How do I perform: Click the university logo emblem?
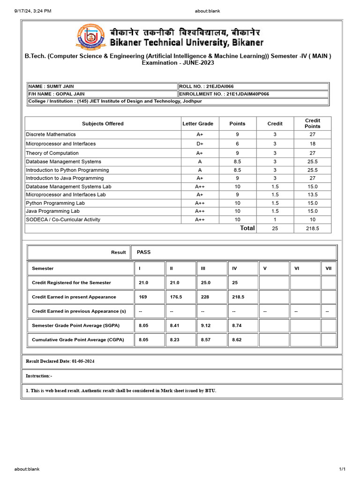[x=90, y=37]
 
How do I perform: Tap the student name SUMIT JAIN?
[x=51, y=86]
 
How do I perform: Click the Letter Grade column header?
[x=197, y=124]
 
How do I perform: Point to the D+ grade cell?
[x=200, y=144]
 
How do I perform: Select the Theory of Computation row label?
[x=52, y=153]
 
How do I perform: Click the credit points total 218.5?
[x=312, y=228]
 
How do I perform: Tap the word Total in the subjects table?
[x=247, y=228]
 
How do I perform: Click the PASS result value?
[x=143, y=252]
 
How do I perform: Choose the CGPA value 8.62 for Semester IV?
[x=237, y=340]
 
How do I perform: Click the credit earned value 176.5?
[x=176, y=297]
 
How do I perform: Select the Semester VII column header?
[x=329, y=269]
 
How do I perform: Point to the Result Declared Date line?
[x=60, y=361]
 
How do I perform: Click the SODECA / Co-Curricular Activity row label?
[x=63, y=219]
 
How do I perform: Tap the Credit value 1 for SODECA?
[x=275, y=219]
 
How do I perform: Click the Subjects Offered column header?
[x=103, y=124]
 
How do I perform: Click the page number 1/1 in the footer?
[x=342, y=469]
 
